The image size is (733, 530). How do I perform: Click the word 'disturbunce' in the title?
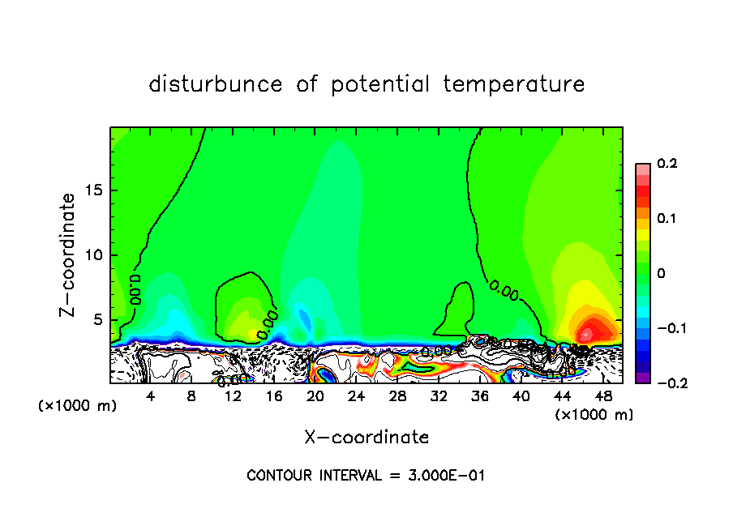click(216, 84)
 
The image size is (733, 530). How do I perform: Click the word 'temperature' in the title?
click(513, 84)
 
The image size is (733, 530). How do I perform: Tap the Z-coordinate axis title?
click(68, 254)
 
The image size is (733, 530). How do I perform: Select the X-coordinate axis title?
click(366, 438)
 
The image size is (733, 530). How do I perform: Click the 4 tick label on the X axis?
click(150, 396)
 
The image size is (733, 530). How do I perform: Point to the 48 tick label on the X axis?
click(602, 396)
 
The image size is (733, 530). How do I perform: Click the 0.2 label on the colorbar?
click(667, 164)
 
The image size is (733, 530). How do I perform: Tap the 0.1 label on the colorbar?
click(667, 219)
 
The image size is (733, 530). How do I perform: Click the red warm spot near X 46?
click(587, 332)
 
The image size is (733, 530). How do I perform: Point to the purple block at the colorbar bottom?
click(642, 377)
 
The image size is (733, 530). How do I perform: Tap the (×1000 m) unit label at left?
click(78, 406)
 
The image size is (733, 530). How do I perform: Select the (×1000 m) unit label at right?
click(594, 415)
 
